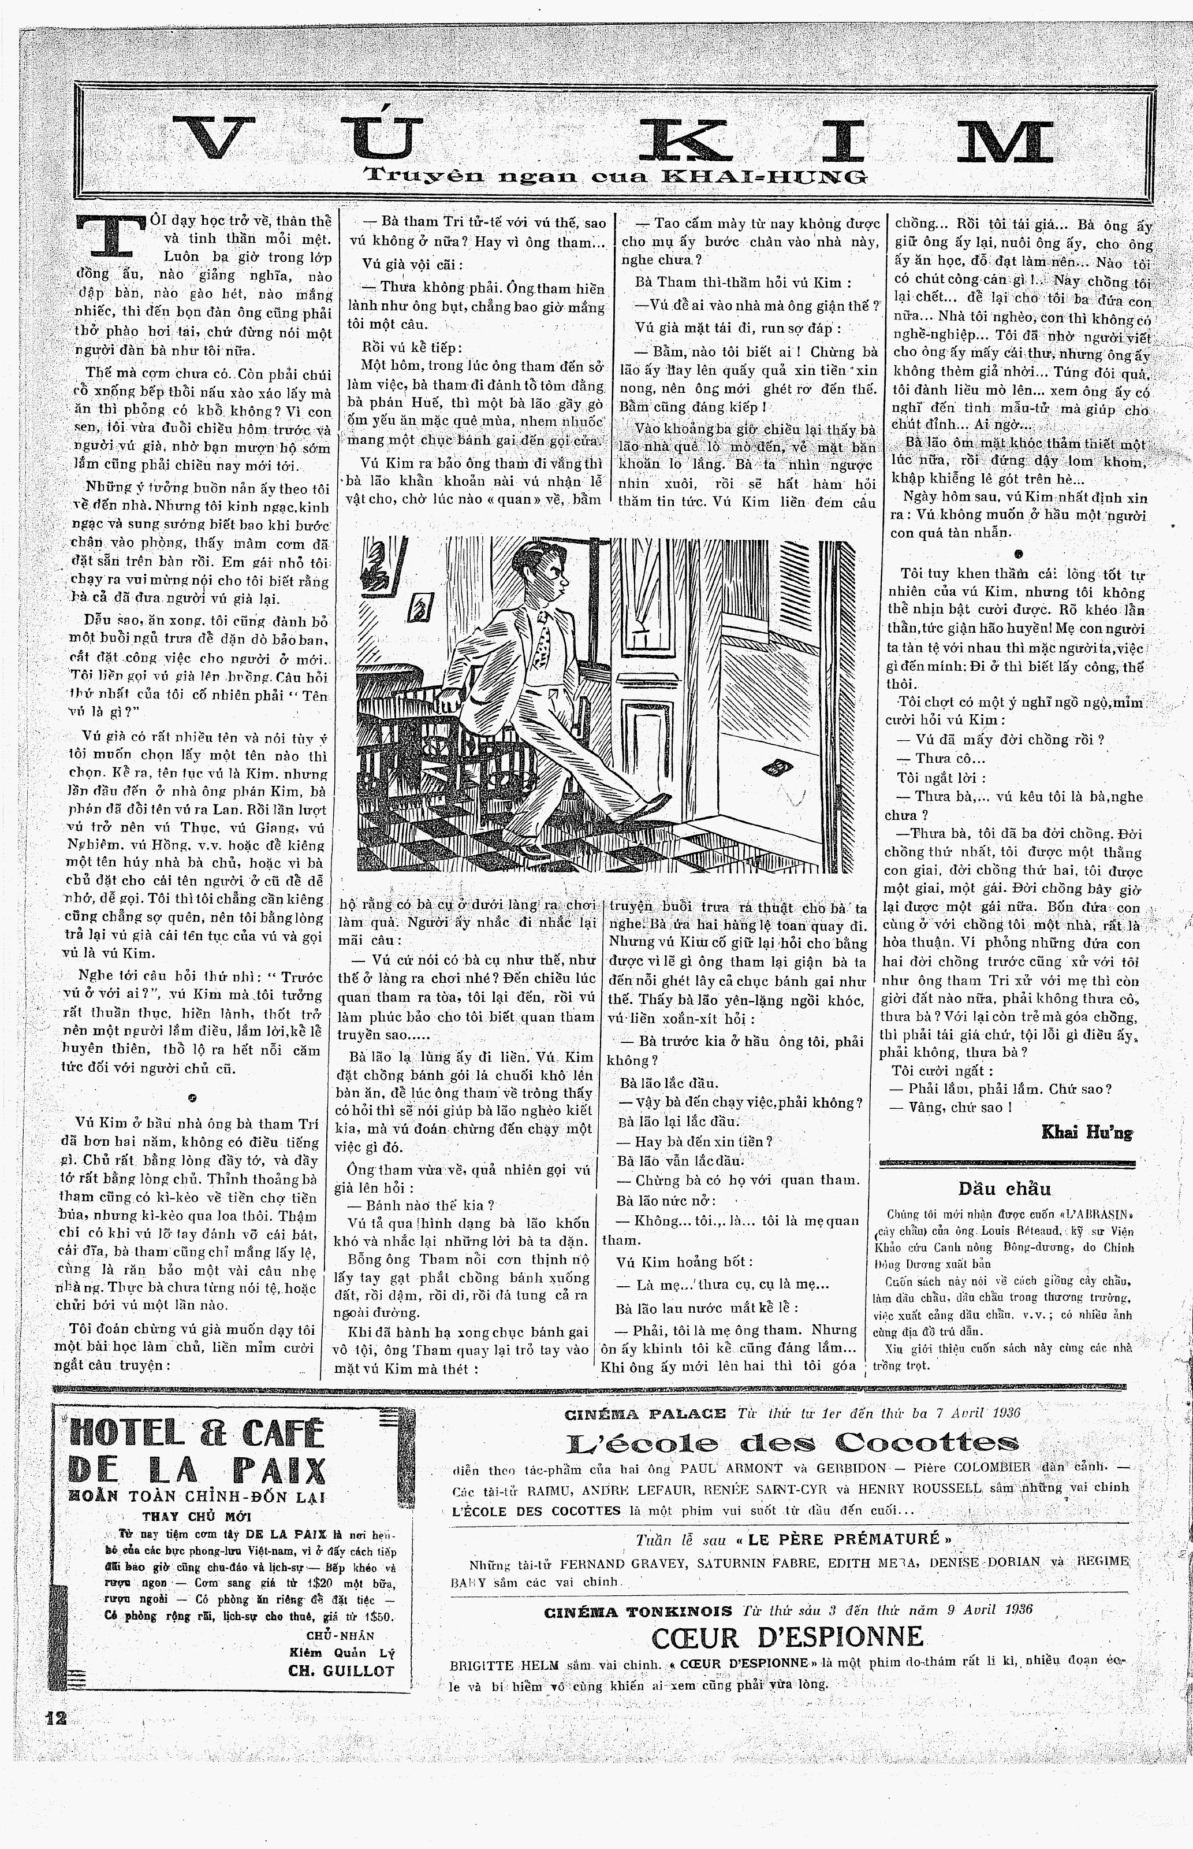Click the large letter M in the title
1007,140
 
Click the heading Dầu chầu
1004,1189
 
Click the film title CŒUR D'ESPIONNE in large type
788,1638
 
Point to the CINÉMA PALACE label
646,1413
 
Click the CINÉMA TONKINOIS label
637,1611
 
